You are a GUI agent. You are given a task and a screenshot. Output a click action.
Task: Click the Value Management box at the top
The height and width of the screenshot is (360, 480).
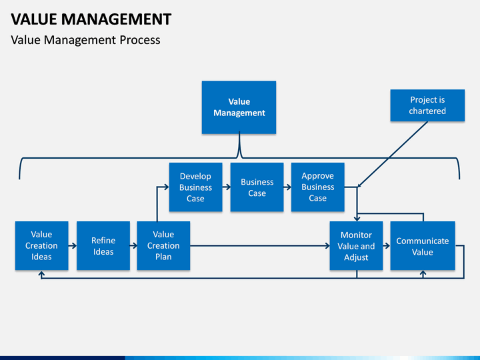point(239,107)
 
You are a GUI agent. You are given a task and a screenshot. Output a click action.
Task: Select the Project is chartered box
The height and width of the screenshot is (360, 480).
point(427,105)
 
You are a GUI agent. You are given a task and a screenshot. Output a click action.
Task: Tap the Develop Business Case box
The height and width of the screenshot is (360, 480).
point(195,187)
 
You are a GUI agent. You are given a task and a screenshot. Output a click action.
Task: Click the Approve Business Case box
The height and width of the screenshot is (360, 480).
point(318,187)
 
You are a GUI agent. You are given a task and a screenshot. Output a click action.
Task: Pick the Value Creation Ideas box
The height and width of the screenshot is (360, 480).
point(41,245)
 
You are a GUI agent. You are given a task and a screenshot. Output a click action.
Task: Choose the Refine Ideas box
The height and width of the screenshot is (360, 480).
point(103,245)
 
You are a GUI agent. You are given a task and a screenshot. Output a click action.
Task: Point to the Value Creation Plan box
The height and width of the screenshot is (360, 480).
point(163,245)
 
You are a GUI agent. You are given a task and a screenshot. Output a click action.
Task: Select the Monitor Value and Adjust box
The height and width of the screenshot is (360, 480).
point(356,245)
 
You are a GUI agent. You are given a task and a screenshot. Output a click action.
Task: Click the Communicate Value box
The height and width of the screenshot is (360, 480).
point(423,245)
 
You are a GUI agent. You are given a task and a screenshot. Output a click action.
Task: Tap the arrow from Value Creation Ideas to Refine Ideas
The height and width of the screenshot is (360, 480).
point(73,245)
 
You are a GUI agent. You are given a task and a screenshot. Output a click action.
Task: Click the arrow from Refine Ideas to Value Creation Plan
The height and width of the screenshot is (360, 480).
point(133,245)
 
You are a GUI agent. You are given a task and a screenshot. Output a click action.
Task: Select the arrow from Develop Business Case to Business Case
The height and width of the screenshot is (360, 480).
point(227,187)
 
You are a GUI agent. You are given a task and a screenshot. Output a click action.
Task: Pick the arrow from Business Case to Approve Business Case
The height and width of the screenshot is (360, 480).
point(287,187)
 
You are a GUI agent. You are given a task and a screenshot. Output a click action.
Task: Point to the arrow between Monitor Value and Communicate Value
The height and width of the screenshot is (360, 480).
point(387,245)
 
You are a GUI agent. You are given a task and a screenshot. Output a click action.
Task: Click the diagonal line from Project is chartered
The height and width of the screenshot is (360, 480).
point(393,154)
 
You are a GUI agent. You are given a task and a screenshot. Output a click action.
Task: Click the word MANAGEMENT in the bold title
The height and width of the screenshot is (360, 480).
point(116,19)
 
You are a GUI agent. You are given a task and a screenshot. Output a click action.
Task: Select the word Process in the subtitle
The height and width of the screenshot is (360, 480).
point(140,40)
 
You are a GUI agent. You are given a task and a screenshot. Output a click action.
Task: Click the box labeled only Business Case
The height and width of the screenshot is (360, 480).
point(257,187)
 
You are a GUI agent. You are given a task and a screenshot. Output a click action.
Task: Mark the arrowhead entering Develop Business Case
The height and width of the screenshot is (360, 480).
point(166,187)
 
